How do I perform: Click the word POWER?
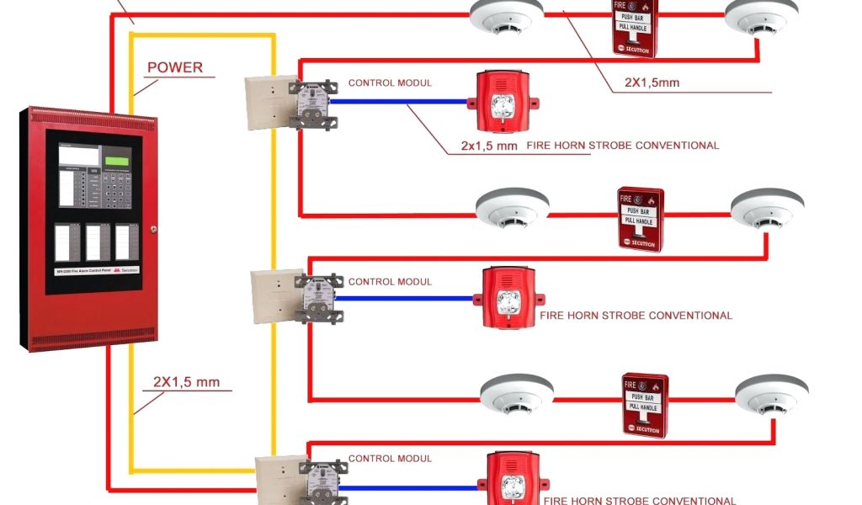(x=175, y=67)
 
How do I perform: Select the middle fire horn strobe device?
(x=507, y=298)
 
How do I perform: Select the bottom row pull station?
(x=646, y=405)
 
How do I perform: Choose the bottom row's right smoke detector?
(x=771, y=394)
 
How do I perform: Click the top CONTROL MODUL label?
(x=390, y=83)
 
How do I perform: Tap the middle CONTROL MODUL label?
(x=390, y=282)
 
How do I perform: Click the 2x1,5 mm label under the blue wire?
(x=488, y=146)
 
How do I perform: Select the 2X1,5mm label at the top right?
(x=652, y=82)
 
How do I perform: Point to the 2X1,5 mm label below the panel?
(x=186, y=382)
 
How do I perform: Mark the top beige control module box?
(x=266, y=101)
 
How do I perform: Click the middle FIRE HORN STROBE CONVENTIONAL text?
(x=636, y=316)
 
